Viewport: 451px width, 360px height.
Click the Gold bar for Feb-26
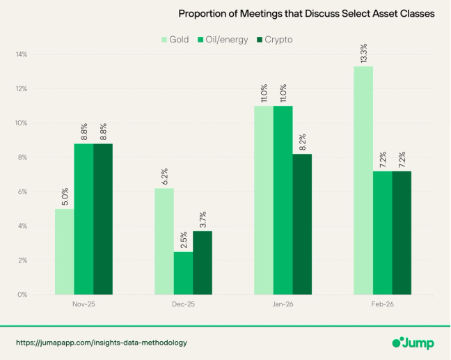[363, 180]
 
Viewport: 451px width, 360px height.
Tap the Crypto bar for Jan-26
[303, 224]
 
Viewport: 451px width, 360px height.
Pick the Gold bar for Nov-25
[64, 251]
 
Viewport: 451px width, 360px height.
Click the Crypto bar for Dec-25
[203, 263]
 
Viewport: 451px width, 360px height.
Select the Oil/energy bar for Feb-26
[382, 233]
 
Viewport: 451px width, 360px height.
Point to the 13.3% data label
[364, 54]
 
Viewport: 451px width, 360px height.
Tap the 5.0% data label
[65, 196]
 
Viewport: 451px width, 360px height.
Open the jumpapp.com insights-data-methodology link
[102, 343]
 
